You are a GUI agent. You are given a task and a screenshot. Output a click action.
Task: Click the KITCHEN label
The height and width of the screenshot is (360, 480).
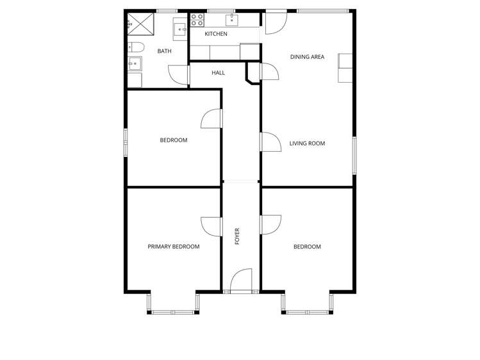[215, 34]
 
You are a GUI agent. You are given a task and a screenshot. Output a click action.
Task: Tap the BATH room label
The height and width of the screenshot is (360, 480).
[164, 51]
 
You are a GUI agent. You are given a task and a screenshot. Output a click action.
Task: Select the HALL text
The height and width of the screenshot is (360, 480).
[218, 73]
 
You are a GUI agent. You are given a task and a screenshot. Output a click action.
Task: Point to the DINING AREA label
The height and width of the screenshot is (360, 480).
[307, 57]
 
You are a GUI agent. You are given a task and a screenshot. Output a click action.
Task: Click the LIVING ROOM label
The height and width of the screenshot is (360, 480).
[307, 143]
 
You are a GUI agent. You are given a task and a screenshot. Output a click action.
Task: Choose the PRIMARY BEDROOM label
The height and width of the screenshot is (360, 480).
[173, 247]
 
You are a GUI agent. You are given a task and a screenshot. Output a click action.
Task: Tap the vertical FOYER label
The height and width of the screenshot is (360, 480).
[237, 236]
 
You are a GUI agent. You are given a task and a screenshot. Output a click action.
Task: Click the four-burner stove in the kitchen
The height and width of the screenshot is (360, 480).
[197, 20]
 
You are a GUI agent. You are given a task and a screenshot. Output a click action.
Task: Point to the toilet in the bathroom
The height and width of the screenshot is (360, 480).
[135, 46]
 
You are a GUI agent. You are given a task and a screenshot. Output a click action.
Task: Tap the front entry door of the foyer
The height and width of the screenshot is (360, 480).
[241, 282]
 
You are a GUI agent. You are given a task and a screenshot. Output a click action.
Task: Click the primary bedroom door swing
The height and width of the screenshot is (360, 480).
[211, 226]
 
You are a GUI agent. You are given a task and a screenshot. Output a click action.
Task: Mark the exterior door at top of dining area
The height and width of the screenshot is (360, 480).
[276, 22]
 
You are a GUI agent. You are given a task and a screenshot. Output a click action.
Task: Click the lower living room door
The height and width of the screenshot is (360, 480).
[270, 142]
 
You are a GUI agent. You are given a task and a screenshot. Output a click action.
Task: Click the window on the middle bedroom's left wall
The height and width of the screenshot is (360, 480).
[126, 142]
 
